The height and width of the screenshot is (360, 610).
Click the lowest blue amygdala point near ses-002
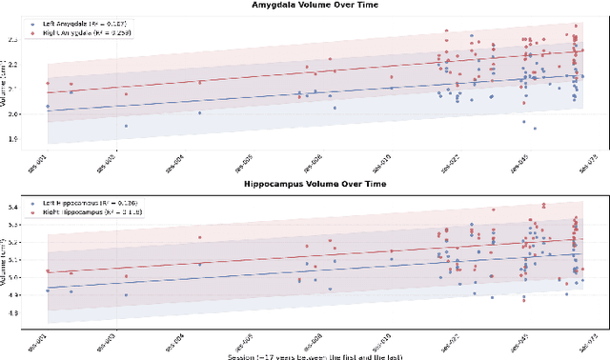coord(126,126)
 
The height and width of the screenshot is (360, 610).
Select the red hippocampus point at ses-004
coord(199,237)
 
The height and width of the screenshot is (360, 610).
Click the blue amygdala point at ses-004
coord(199,112)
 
